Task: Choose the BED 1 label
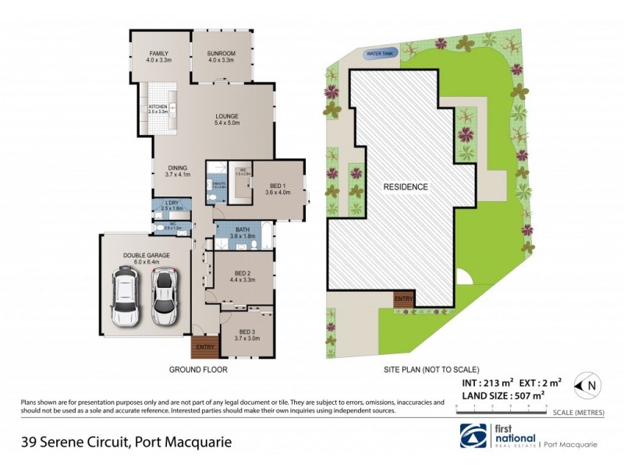click(277, 188)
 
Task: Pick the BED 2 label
click(244, 273)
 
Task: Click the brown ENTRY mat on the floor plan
click(204, 345)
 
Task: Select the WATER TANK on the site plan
click(380, 53)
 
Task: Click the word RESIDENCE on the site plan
click(405, 187)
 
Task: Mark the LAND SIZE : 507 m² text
click(499, 395)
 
